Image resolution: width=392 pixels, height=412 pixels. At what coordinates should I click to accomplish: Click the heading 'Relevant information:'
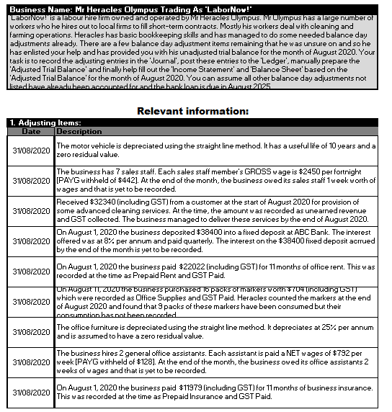192,111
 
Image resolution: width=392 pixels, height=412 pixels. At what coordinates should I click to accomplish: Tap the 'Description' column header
79,132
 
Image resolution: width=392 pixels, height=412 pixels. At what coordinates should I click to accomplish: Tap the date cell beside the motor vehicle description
31,150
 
